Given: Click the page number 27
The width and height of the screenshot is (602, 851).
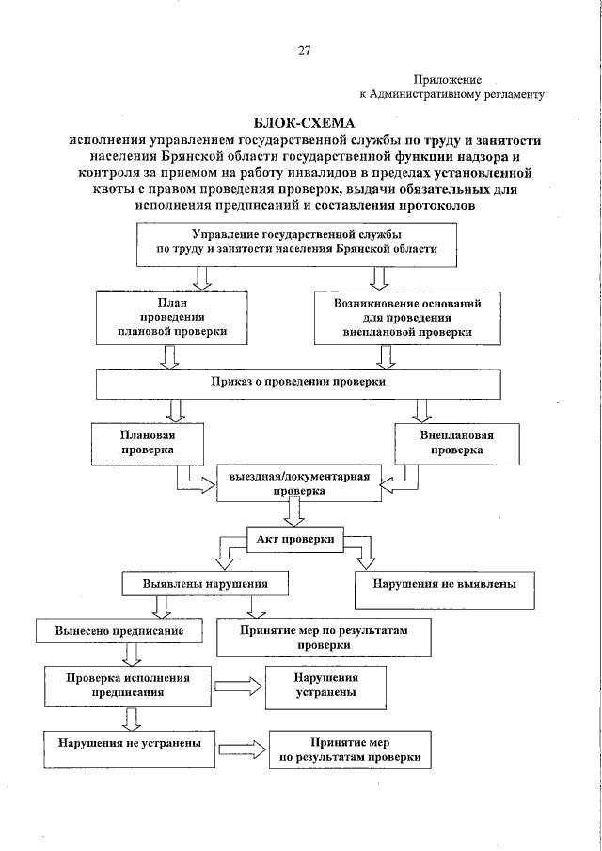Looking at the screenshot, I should coord(304,50).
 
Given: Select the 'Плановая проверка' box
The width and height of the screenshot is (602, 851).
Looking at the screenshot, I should coord(147,443).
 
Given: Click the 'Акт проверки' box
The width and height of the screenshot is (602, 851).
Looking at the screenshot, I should coord(295,540).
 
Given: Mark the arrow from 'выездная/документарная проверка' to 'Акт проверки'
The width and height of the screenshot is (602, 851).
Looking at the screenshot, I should coord(292,512).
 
